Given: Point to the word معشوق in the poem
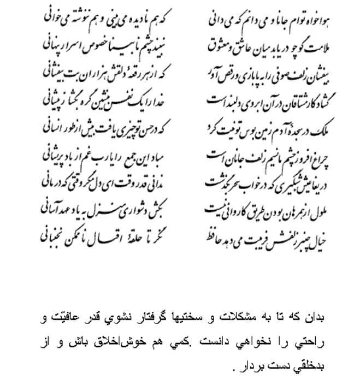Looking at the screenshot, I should [221, 49].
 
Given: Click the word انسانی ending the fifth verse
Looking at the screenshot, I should [56, 129].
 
